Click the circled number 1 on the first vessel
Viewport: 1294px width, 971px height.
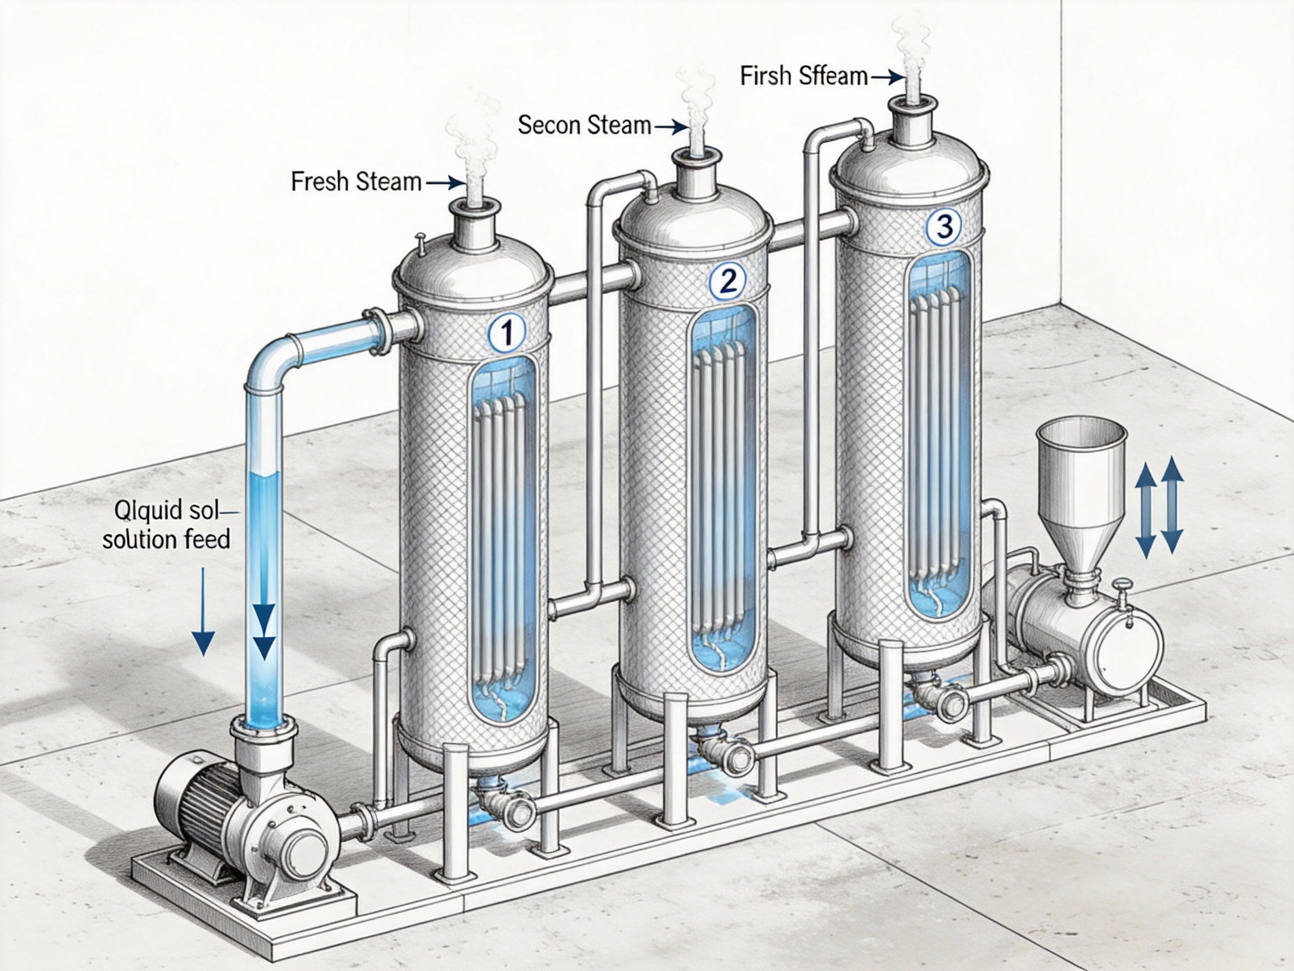click(x=507, y=333)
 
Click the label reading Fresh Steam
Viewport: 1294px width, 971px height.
click(x=356, y=182)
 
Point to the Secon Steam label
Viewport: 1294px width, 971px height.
click(x=585, y=125)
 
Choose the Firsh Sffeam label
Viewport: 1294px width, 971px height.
click(x=803, y=76)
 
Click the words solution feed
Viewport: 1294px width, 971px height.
click(x=166, y=538)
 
